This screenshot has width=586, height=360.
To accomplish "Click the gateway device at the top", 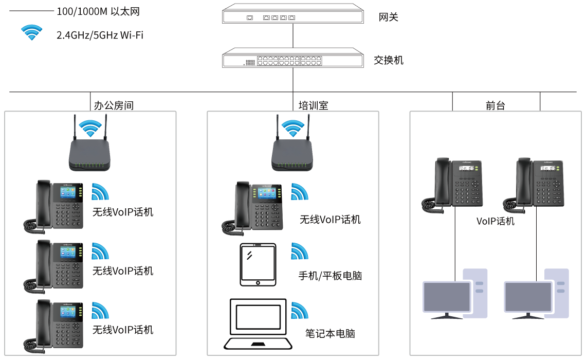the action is point(292,14).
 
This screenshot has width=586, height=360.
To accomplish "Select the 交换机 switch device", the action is point(292,58).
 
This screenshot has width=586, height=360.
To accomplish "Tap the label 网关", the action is point(388,17).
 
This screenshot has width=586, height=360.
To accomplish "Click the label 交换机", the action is point(388,60).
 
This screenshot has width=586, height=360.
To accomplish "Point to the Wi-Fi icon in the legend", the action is point(32,32).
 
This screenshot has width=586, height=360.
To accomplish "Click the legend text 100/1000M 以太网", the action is point(98,12).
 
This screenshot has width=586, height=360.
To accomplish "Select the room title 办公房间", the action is point(114,105).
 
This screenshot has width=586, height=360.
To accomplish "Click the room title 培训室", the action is point(313,105).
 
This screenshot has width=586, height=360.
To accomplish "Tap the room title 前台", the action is point(495,105).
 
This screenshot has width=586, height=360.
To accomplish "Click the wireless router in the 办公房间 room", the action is point(89,144).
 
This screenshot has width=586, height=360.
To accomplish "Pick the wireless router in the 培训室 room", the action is point(292,144).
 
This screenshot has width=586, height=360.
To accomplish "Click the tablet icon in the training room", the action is point(258,265).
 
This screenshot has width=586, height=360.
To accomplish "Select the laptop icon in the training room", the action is point(258,323).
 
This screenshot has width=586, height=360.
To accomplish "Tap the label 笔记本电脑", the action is point(330,333).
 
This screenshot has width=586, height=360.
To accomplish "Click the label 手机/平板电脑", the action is point(330,276).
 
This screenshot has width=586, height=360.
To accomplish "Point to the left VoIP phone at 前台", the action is point(452,185).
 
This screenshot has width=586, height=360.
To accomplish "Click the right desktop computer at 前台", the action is point(536,294).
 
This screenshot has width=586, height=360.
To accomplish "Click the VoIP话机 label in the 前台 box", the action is point(495,221).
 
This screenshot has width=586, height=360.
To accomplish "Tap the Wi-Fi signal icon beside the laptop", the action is point(300,310).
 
